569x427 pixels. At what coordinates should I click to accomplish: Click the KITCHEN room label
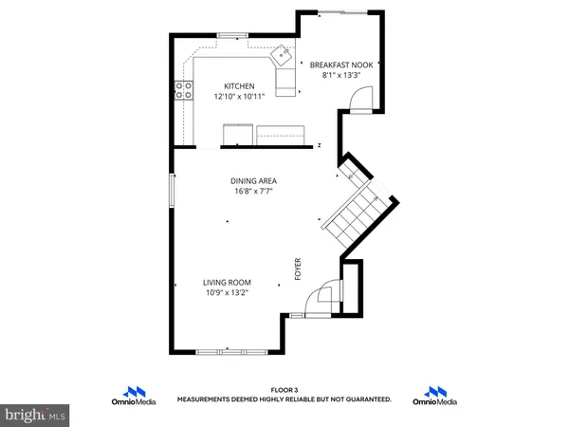pyautogui.click(x=239, y=85)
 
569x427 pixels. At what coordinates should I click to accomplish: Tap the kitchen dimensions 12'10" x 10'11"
pyautogui.click(x=239, y=96)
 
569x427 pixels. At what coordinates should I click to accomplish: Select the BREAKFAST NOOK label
pyautogui.click(x=341, y=65)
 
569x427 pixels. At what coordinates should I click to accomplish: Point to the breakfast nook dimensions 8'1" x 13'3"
pyautogui.click(x=341, y=75)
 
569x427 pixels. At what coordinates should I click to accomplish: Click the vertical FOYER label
pyautogui.click(x=297, y=271)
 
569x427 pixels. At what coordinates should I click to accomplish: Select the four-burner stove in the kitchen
pyautogui.click(x=182, y=91)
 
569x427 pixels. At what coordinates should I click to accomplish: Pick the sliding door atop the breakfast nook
pyautogui.click(x=341, y=12)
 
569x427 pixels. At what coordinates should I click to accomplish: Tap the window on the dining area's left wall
pyautogui.click(x=172, y=189)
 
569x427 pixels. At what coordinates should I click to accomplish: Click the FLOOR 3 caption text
pyautogui.click(x=284, y=390)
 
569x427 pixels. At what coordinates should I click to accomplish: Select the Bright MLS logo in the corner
pyautogui.click(x=35, y=414)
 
